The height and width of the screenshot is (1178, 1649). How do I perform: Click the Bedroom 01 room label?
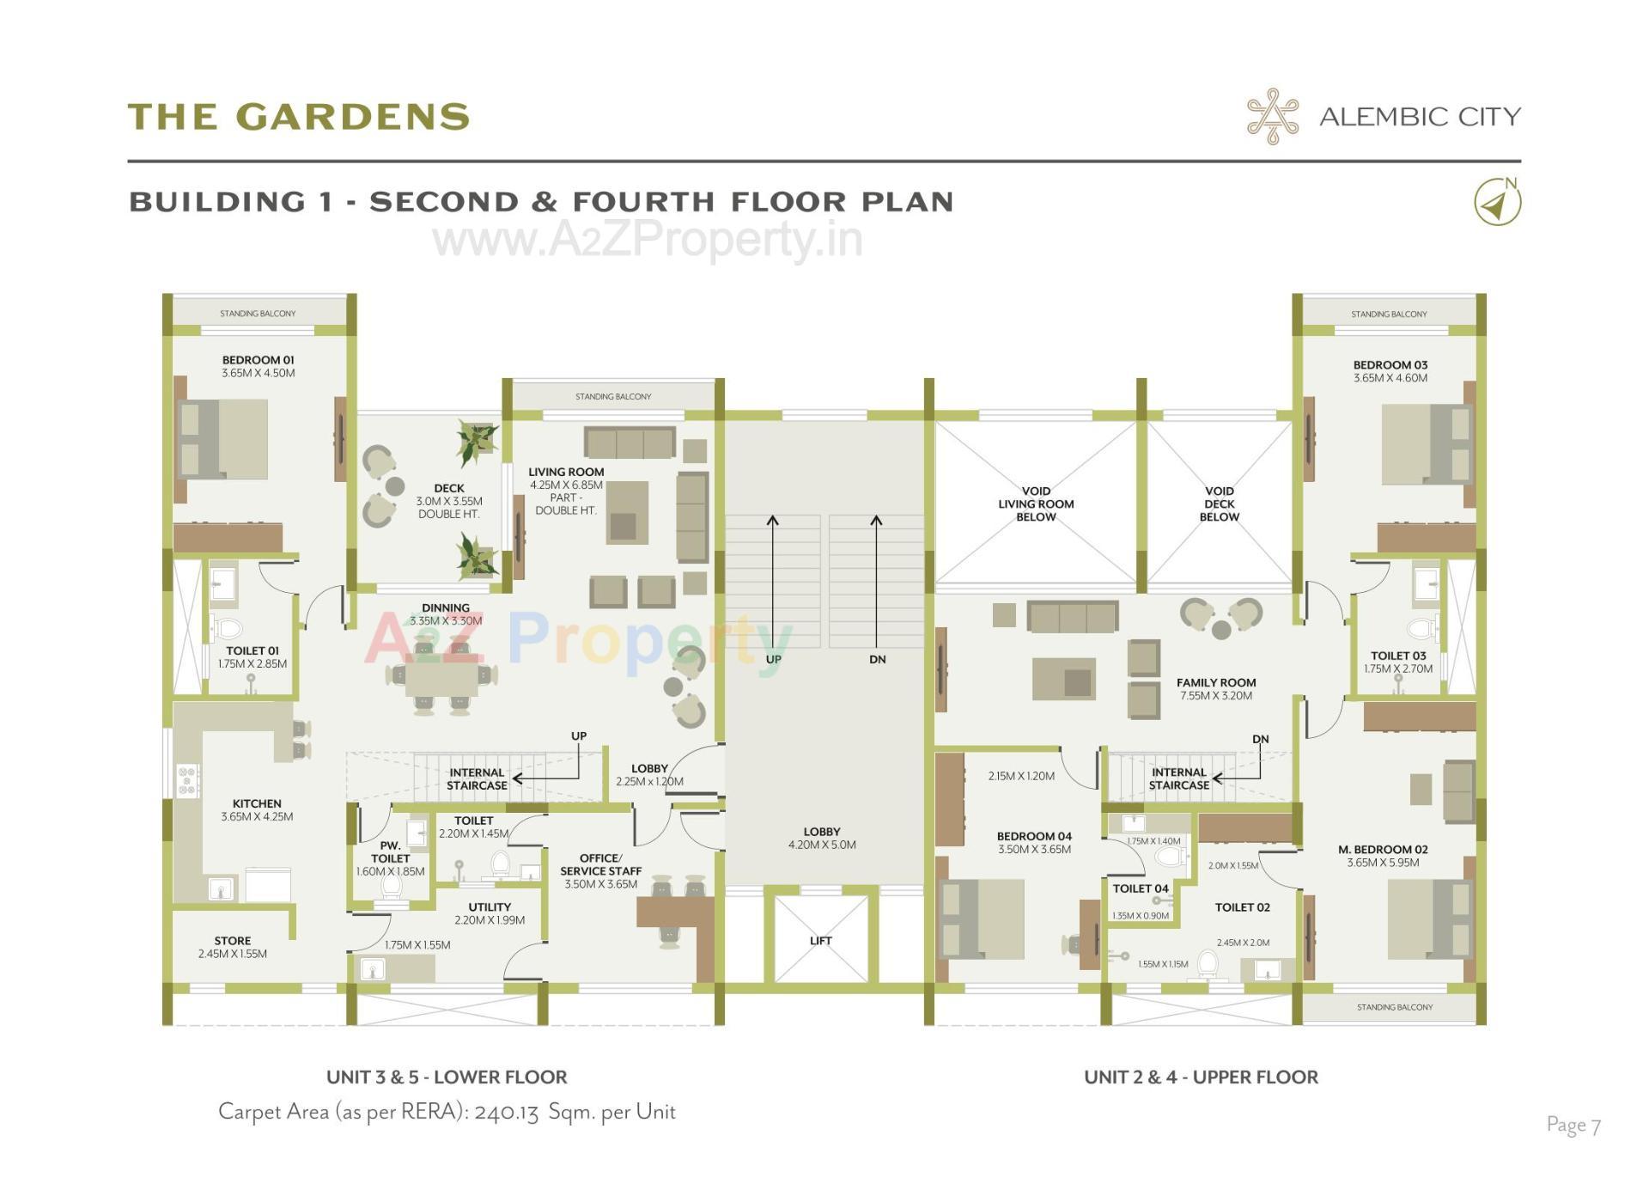tap(258, 360)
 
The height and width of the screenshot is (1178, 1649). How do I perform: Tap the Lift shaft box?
tap(820, 939)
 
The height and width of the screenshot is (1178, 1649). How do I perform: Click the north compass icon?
tap(1497, 203)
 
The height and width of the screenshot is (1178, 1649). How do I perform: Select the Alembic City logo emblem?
tap(1273, 116)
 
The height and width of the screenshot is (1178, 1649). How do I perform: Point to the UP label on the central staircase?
tap(773, 659)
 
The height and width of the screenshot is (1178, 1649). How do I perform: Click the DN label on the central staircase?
tap(877, 659)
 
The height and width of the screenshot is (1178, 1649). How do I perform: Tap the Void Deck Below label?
tap(1219, 504)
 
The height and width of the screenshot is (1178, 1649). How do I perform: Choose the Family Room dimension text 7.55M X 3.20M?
tap(1215, 695)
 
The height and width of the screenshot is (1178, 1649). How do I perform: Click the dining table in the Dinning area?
tap(441, 679)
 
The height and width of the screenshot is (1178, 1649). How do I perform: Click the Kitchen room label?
tap(257, 803)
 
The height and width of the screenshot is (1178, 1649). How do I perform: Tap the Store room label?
tap(232, 940)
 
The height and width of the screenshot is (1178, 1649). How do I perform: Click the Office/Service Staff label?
tap(600, 864)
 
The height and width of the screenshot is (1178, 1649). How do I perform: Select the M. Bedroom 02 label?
tap(1383, 849)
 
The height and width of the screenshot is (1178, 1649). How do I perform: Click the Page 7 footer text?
tap(1573, 1125)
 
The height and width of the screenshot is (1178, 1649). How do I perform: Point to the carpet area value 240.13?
tap(506, 1112)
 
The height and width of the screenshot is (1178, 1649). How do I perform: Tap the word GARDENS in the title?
tap(353, 117)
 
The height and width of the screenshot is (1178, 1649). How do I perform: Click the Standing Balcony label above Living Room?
tap(613, 396)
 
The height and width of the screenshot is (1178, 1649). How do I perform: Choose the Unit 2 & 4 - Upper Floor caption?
tap(1201, 1077)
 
